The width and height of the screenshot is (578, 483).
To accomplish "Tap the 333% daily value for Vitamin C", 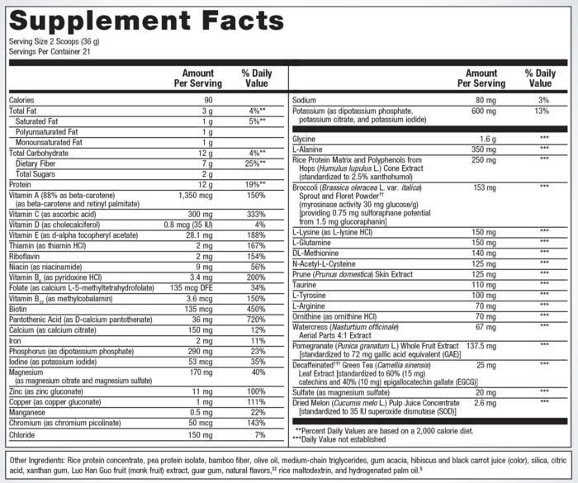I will pyautogui.click(x=254, y=213).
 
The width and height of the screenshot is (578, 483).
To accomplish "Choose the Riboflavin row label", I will pyautogui.click(x=27, y=256).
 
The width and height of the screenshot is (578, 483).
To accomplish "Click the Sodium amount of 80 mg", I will pyautogui.click(x=486, y=100).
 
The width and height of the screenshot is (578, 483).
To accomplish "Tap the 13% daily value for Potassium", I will pyautogui.click(x=542, y=111).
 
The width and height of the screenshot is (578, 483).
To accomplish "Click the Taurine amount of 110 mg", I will pyautogui.click(x=486, y=283).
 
